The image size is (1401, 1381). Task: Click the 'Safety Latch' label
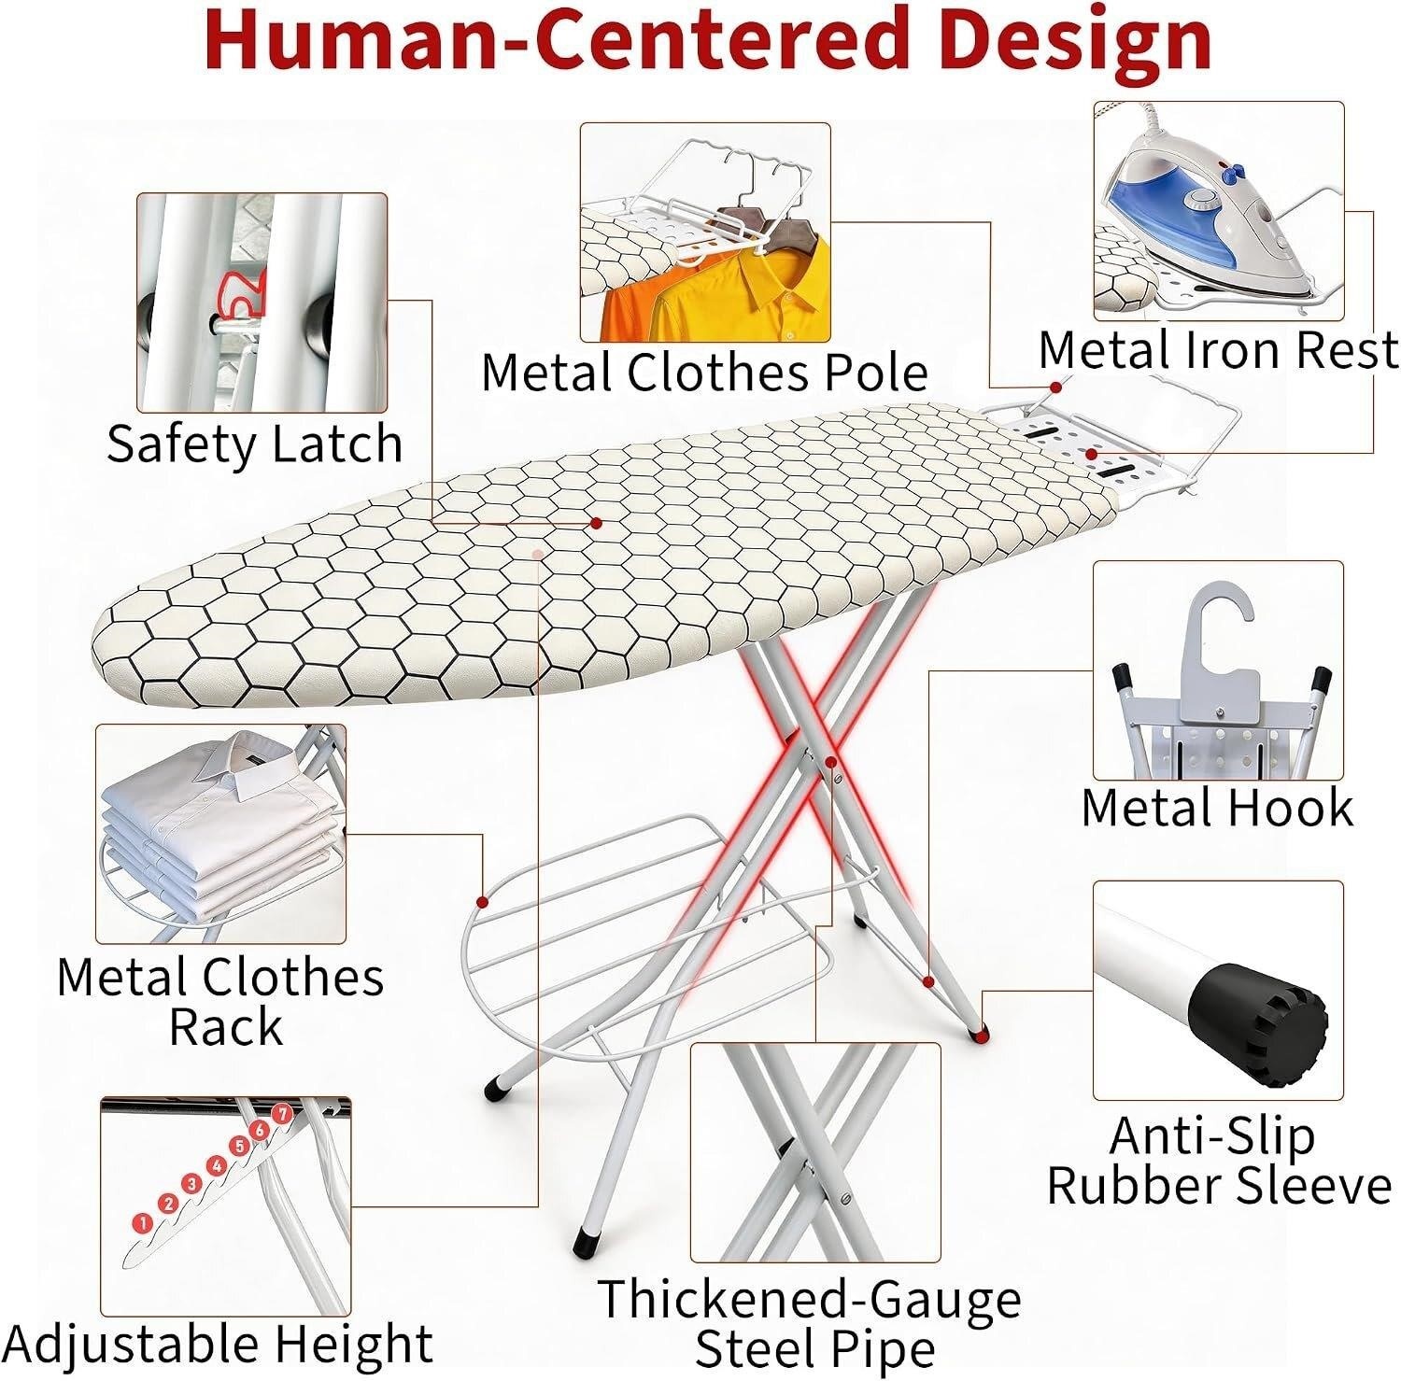tap(254, 444)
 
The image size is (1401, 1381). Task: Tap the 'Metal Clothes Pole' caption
tap(704, 373)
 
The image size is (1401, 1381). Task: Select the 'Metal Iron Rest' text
tap(1218, 350)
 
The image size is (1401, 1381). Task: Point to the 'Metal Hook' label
tap(1216, 807)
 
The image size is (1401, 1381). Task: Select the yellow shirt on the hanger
tap(738, 295)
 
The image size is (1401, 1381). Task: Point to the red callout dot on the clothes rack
tap(482, 902)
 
